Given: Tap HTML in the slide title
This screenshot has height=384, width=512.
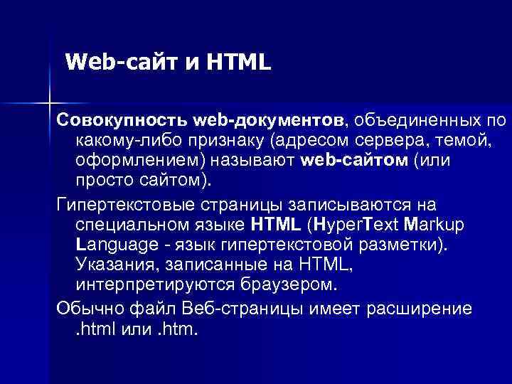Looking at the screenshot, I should click(x=240, y=63).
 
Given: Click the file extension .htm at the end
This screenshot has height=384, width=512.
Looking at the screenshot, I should click(x=178, y=330).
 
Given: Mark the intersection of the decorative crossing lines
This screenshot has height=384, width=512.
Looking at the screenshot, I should click(x=48, y=103).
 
